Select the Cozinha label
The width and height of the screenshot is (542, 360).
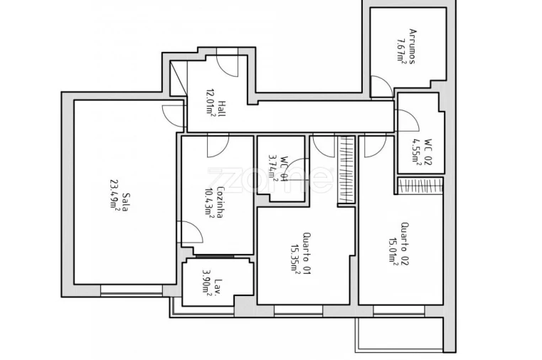(220, 202)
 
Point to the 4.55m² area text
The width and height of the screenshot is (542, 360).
(418, 152)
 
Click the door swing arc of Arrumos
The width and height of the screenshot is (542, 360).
(381, 88)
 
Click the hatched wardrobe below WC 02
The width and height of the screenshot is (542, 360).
(420, 186)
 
